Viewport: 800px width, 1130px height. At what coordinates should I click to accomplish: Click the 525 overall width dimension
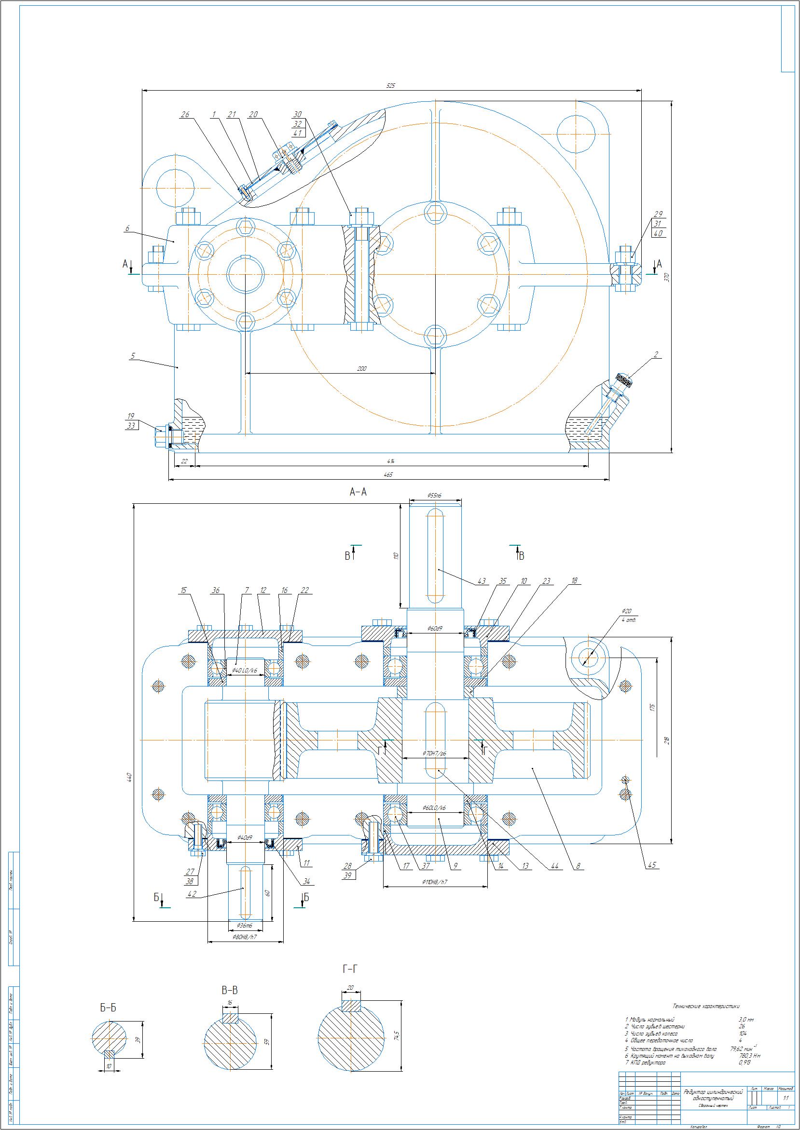390,86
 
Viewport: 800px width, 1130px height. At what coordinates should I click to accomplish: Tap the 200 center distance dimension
361,369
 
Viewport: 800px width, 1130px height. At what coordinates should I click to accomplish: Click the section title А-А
358,492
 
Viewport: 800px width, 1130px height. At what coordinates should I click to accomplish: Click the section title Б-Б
108,1008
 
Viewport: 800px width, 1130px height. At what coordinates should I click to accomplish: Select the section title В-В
230,990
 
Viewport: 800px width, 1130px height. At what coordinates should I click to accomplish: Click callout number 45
652,865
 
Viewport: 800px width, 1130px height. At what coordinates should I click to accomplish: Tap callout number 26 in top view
185,115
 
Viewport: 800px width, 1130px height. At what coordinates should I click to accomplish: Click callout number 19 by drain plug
131,416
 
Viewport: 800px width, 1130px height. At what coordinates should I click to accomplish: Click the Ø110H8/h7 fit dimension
434,896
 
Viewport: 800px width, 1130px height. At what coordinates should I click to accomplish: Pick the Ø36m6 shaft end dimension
244,926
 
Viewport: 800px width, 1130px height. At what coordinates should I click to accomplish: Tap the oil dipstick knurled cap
624,380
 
